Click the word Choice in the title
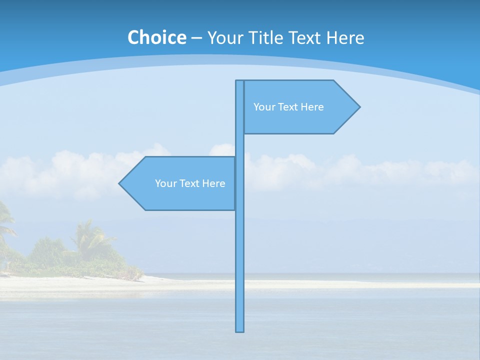coord(156,37)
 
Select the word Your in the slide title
coord(224,38)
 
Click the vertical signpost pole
coord(240,250)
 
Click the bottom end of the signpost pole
coord(240,330)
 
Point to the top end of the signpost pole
coord(240,82)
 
